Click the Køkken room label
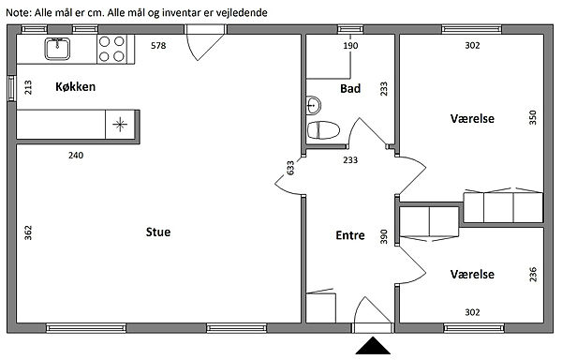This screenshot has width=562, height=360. [x=75, y=87]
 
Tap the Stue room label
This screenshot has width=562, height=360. [x=158, y=232]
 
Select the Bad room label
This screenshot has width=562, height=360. [x=350, y=88]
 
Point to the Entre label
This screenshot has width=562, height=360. [x=350, y=235]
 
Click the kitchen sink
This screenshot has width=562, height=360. [x=57, y=49]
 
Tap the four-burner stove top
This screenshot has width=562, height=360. [x=111, y=49]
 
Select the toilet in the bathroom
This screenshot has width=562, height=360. [x=323, y=129]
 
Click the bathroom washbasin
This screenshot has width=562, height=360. [x=314, y=105]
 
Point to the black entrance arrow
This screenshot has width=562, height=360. [x=373, y=345]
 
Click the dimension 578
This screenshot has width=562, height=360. [x=158, y=46]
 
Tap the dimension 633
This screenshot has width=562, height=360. [x=290, y=168]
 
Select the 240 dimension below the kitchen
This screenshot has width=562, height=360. [x=76, y=156]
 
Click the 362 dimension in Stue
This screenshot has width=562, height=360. [x=28, y=232]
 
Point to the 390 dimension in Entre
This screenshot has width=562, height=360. [x=384, y=236]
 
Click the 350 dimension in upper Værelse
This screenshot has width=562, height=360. [x=533, y=117]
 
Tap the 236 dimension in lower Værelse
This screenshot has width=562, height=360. [x=533, y=275]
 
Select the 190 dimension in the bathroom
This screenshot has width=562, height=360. [x=350, y=46]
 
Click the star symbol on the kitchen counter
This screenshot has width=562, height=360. [x=120, y=125]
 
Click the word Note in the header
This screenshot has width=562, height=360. [x=19, y=13]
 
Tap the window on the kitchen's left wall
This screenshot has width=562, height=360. [x=12, y=88]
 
